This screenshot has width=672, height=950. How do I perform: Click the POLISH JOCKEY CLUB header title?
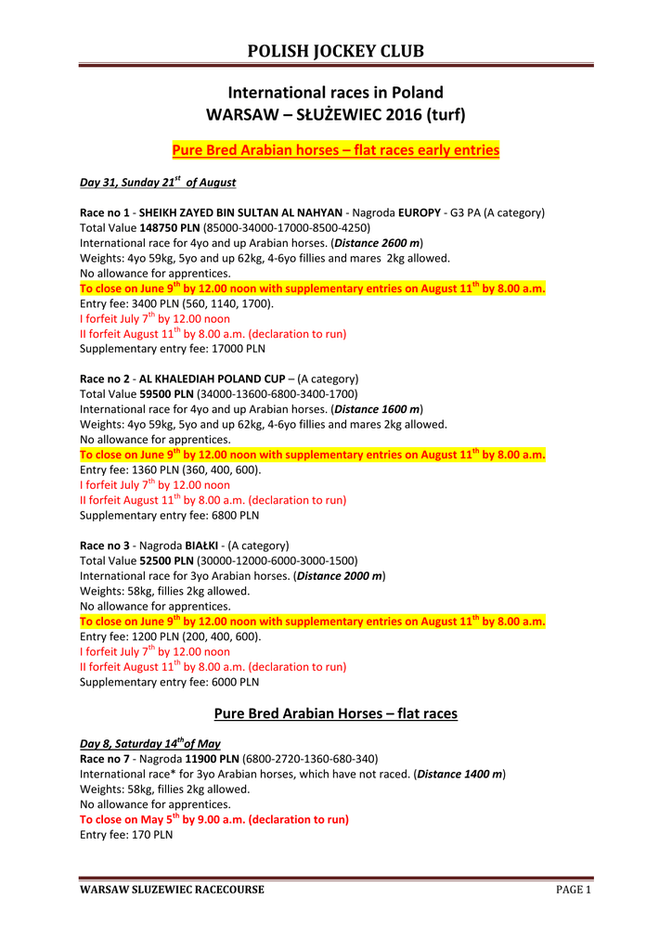pyautogui.click(x=335, y=51)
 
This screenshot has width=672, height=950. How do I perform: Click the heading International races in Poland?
pyautogui.click(x=335, y=93)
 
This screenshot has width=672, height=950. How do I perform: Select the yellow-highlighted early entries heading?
pyautogui.click(x=336, y=149)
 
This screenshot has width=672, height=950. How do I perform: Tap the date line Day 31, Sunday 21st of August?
pyautogui.click(x=158, y=182)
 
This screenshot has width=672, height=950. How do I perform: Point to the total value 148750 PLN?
pyautogui.click(x=168, y=227)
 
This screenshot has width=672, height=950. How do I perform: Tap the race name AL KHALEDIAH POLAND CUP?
pyautogui.click(x=212, y=379)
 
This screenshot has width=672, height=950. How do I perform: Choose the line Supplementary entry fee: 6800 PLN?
pyautogui.click(x=170, y=515)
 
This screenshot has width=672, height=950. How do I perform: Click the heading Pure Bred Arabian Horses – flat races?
pyautogui.click(x=336, y=713)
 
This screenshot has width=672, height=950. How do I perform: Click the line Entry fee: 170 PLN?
pyautogui.click(x=126, y=835)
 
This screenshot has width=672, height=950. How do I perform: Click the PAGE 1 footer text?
pyautogui.click(x=573, y=890)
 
